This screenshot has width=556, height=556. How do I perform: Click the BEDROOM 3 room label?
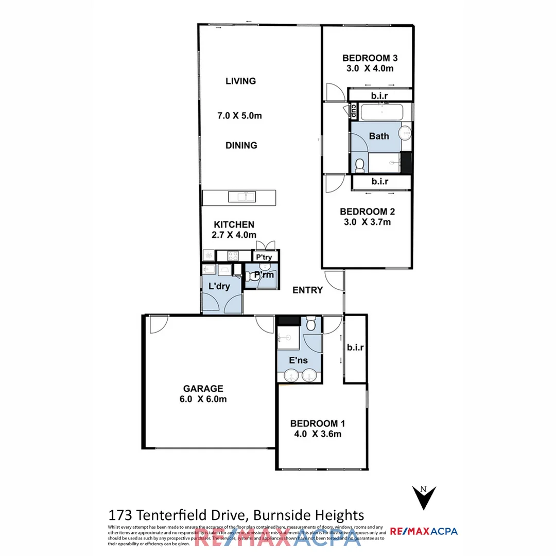370,58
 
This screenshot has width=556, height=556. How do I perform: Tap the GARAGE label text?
203,389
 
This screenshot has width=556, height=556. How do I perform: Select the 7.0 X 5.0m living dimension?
239,115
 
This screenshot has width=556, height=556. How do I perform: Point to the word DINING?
241,145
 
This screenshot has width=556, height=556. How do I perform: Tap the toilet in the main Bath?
360,164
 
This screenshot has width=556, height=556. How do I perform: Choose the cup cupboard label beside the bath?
354,110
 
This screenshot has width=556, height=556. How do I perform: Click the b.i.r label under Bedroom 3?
380,96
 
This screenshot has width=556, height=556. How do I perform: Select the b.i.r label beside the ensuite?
355,347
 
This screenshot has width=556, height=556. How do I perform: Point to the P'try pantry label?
264,256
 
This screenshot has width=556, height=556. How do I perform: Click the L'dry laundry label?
219,287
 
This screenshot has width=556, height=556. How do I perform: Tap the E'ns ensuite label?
299,360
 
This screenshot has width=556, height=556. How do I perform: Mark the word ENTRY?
307,290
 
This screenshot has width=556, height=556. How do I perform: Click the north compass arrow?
424,497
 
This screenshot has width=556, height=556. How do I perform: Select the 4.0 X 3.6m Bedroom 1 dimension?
318,433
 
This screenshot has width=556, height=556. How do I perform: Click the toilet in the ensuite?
311,324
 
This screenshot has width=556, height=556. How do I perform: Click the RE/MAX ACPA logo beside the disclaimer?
424,531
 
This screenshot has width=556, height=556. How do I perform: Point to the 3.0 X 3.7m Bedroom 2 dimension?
367,222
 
